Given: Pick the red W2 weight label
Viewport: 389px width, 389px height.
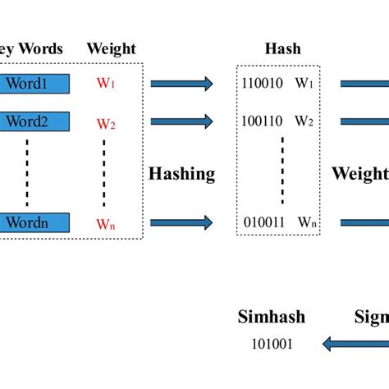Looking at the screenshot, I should (106, 124).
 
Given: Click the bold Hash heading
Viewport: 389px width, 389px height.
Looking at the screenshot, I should (281, 49).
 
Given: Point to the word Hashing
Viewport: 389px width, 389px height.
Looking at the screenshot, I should (182, 173).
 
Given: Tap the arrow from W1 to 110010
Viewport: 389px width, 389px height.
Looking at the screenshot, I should (182, 83).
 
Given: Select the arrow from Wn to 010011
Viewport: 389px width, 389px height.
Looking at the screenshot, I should (182, 222).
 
